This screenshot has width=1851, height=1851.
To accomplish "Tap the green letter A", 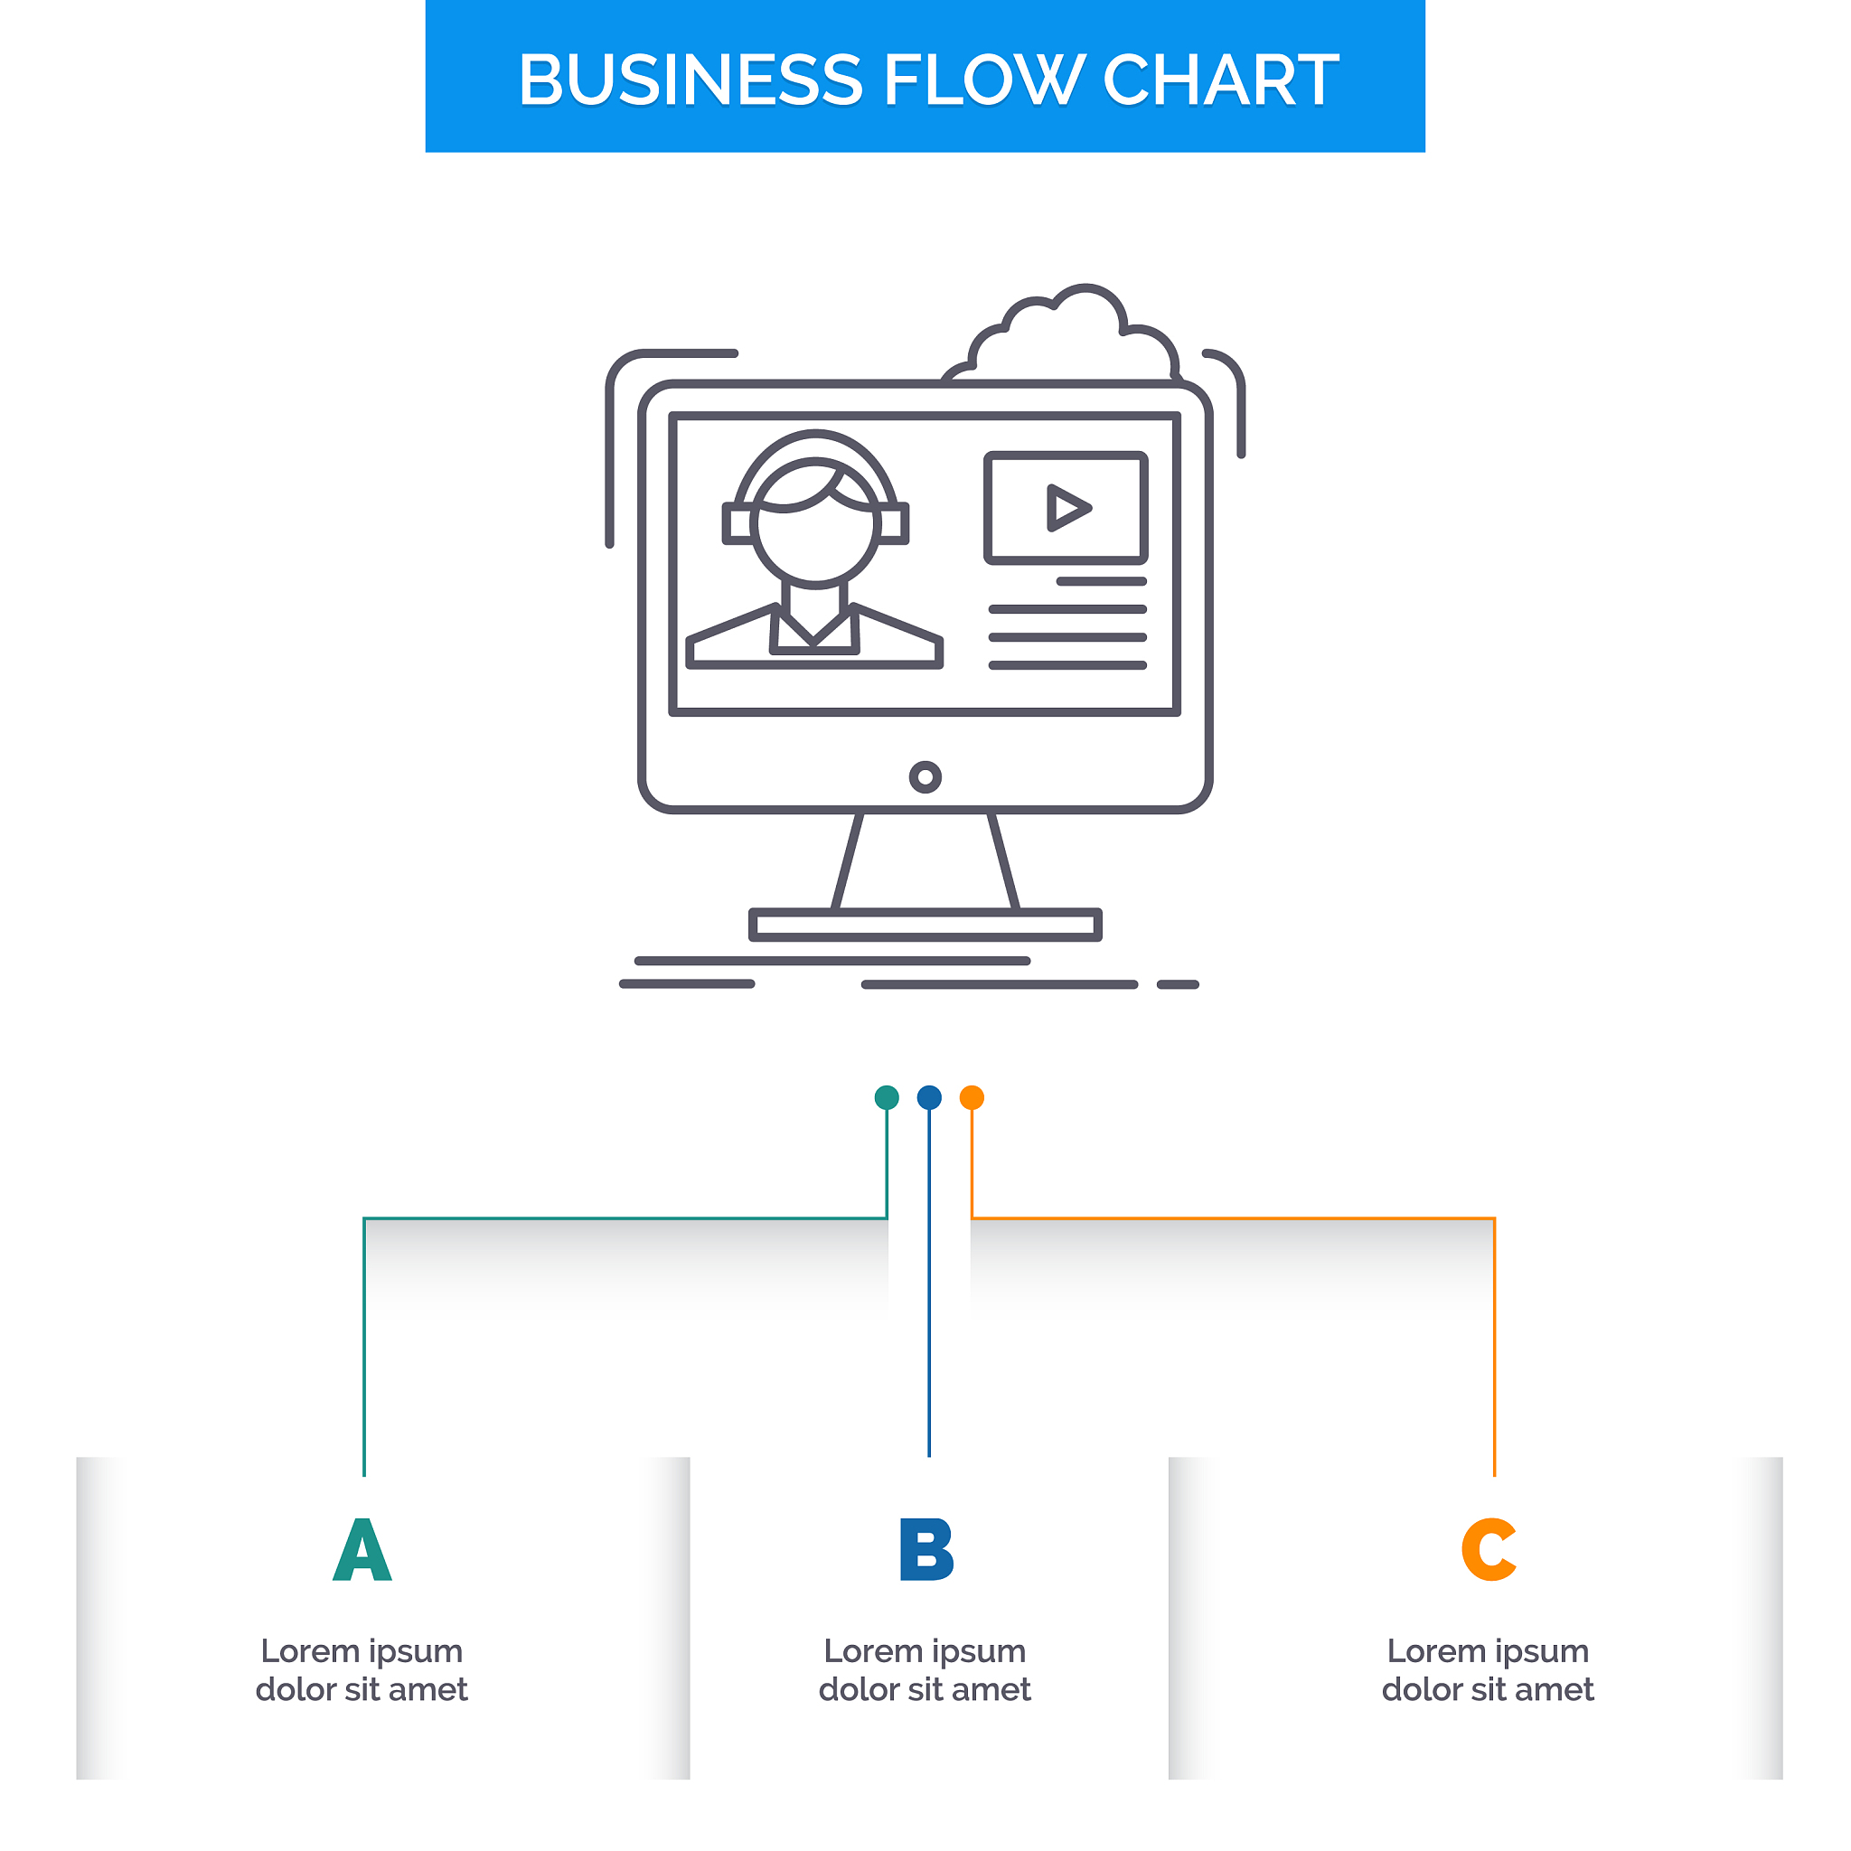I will click(362, 1549).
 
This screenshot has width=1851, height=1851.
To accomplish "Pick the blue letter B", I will click(925, 1549).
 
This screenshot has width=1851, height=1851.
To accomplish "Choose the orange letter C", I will click(1488, 1549).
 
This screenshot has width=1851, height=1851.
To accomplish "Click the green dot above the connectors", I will click(888, 1097).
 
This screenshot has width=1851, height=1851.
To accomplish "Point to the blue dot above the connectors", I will click(929, 1097).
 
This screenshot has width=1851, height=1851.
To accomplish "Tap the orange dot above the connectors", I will click(972, 1097).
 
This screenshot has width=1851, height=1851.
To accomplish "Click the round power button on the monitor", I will click(925, 777).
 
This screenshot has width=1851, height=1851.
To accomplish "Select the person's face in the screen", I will click(815, 531).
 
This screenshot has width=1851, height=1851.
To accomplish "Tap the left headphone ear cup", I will click(738, 524).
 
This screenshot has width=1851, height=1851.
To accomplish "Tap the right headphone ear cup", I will click(894, 524).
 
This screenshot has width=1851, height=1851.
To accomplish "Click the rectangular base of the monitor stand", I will click(925, 925).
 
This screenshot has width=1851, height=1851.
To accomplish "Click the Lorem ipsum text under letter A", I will click(362, 1669).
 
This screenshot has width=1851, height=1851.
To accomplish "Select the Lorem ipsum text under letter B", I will click(925, 1669).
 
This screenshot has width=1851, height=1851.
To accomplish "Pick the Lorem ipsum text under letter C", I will click(1488, 1669).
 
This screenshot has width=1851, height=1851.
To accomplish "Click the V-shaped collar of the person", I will click(814, 627).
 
